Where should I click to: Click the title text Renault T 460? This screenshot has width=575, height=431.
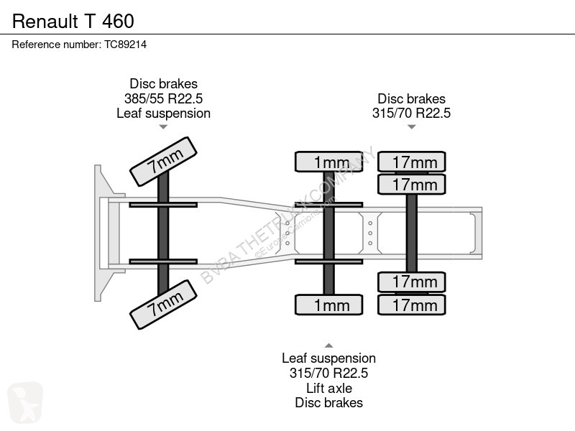(x=73, y=22)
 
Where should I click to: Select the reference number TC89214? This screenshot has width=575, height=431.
(x=125, y=45)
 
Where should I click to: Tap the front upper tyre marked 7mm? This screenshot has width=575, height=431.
(x=164, y=162)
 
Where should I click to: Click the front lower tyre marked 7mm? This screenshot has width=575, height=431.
(x=164, y=305)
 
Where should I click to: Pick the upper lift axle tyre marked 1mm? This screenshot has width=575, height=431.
(x=329, y=162)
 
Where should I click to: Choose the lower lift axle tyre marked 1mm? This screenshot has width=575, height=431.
(x=329, y=305)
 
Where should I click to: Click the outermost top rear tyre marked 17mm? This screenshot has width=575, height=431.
(x=411, y=162)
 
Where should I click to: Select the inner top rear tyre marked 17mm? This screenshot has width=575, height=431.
(x=411, y=185)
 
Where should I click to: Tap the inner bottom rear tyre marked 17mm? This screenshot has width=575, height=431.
(x=411, y=282)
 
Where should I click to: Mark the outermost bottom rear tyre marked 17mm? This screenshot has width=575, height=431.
(x=411, y=305)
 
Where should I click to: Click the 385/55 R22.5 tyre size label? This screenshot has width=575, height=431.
(x=164, y=98)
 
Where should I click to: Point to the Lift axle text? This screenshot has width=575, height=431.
(x=329, y=388)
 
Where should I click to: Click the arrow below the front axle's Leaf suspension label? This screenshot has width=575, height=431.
(x=163, y=127)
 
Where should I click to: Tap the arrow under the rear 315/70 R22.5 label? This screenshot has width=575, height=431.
(x=411, y=127)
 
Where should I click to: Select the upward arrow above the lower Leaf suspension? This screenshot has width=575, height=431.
(x=329, y=346)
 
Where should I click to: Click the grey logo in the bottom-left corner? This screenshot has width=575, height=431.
(x=25, y=402)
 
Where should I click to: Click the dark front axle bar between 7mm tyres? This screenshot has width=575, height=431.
(x=163, y=233)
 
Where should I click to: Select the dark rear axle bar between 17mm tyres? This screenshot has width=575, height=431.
(x=411, y=233)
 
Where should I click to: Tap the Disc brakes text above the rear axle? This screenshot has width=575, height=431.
(x=411, y=98)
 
